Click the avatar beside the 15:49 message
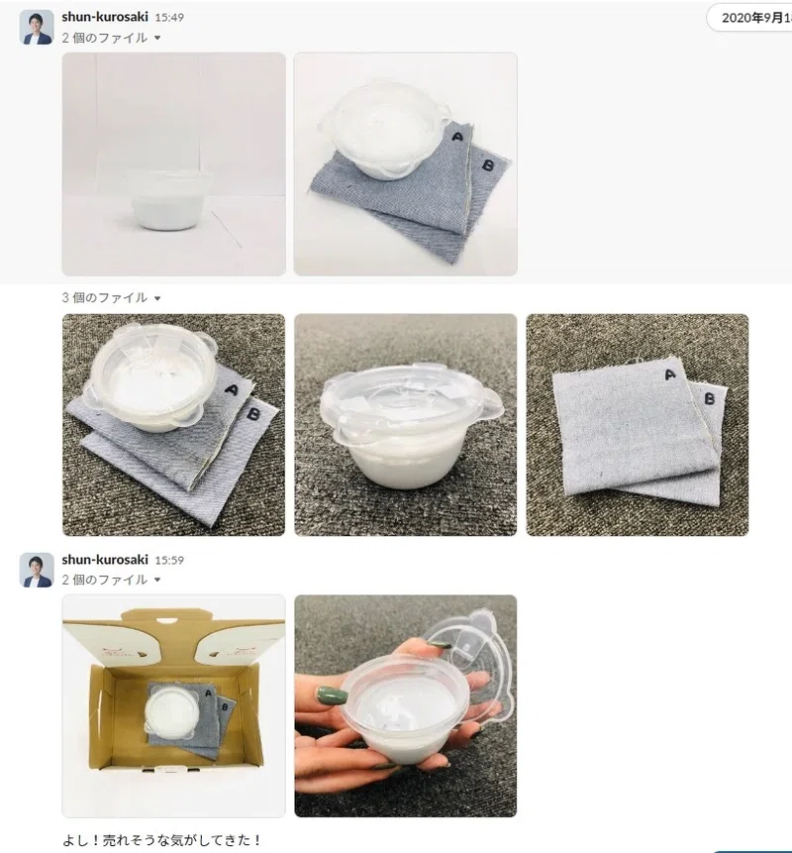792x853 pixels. pyautogui.click(x=37, y=27)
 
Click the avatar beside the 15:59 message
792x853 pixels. pyautogui.click(x=37, y=570)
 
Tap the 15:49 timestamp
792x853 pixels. pyautogui.click(x=169, y=18)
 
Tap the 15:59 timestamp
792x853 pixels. pyautogui.click(x=169, y=561)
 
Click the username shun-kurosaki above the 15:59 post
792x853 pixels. pyautogui.click(x=105, y=560)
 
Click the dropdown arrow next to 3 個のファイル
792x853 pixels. pyautogui.click(x=157, y=298)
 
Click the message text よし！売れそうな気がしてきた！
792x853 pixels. pyautogui.click(x=162, y=840)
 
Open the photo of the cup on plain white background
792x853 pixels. pyautogui.click(x=174, y=164)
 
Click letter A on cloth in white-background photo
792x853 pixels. pyautogui.click(x=457, y=137)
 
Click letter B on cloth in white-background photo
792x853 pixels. pyautogui.click(x=488, y=164)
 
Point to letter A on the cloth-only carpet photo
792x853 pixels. pyautogui.click(x=669, y=374)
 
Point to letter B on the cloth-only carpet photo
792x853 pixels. pyautogui.click(x=709, y=399)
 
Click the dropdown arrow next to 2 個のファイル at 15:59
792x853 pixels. pyautogui.click(x=157, y=580)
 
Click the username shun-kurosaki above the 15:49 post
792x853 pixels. pyautogui.click(x=105, y=17)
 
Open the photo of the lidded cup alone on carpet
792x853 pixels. pyautogui.click(x=406, y=425)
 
